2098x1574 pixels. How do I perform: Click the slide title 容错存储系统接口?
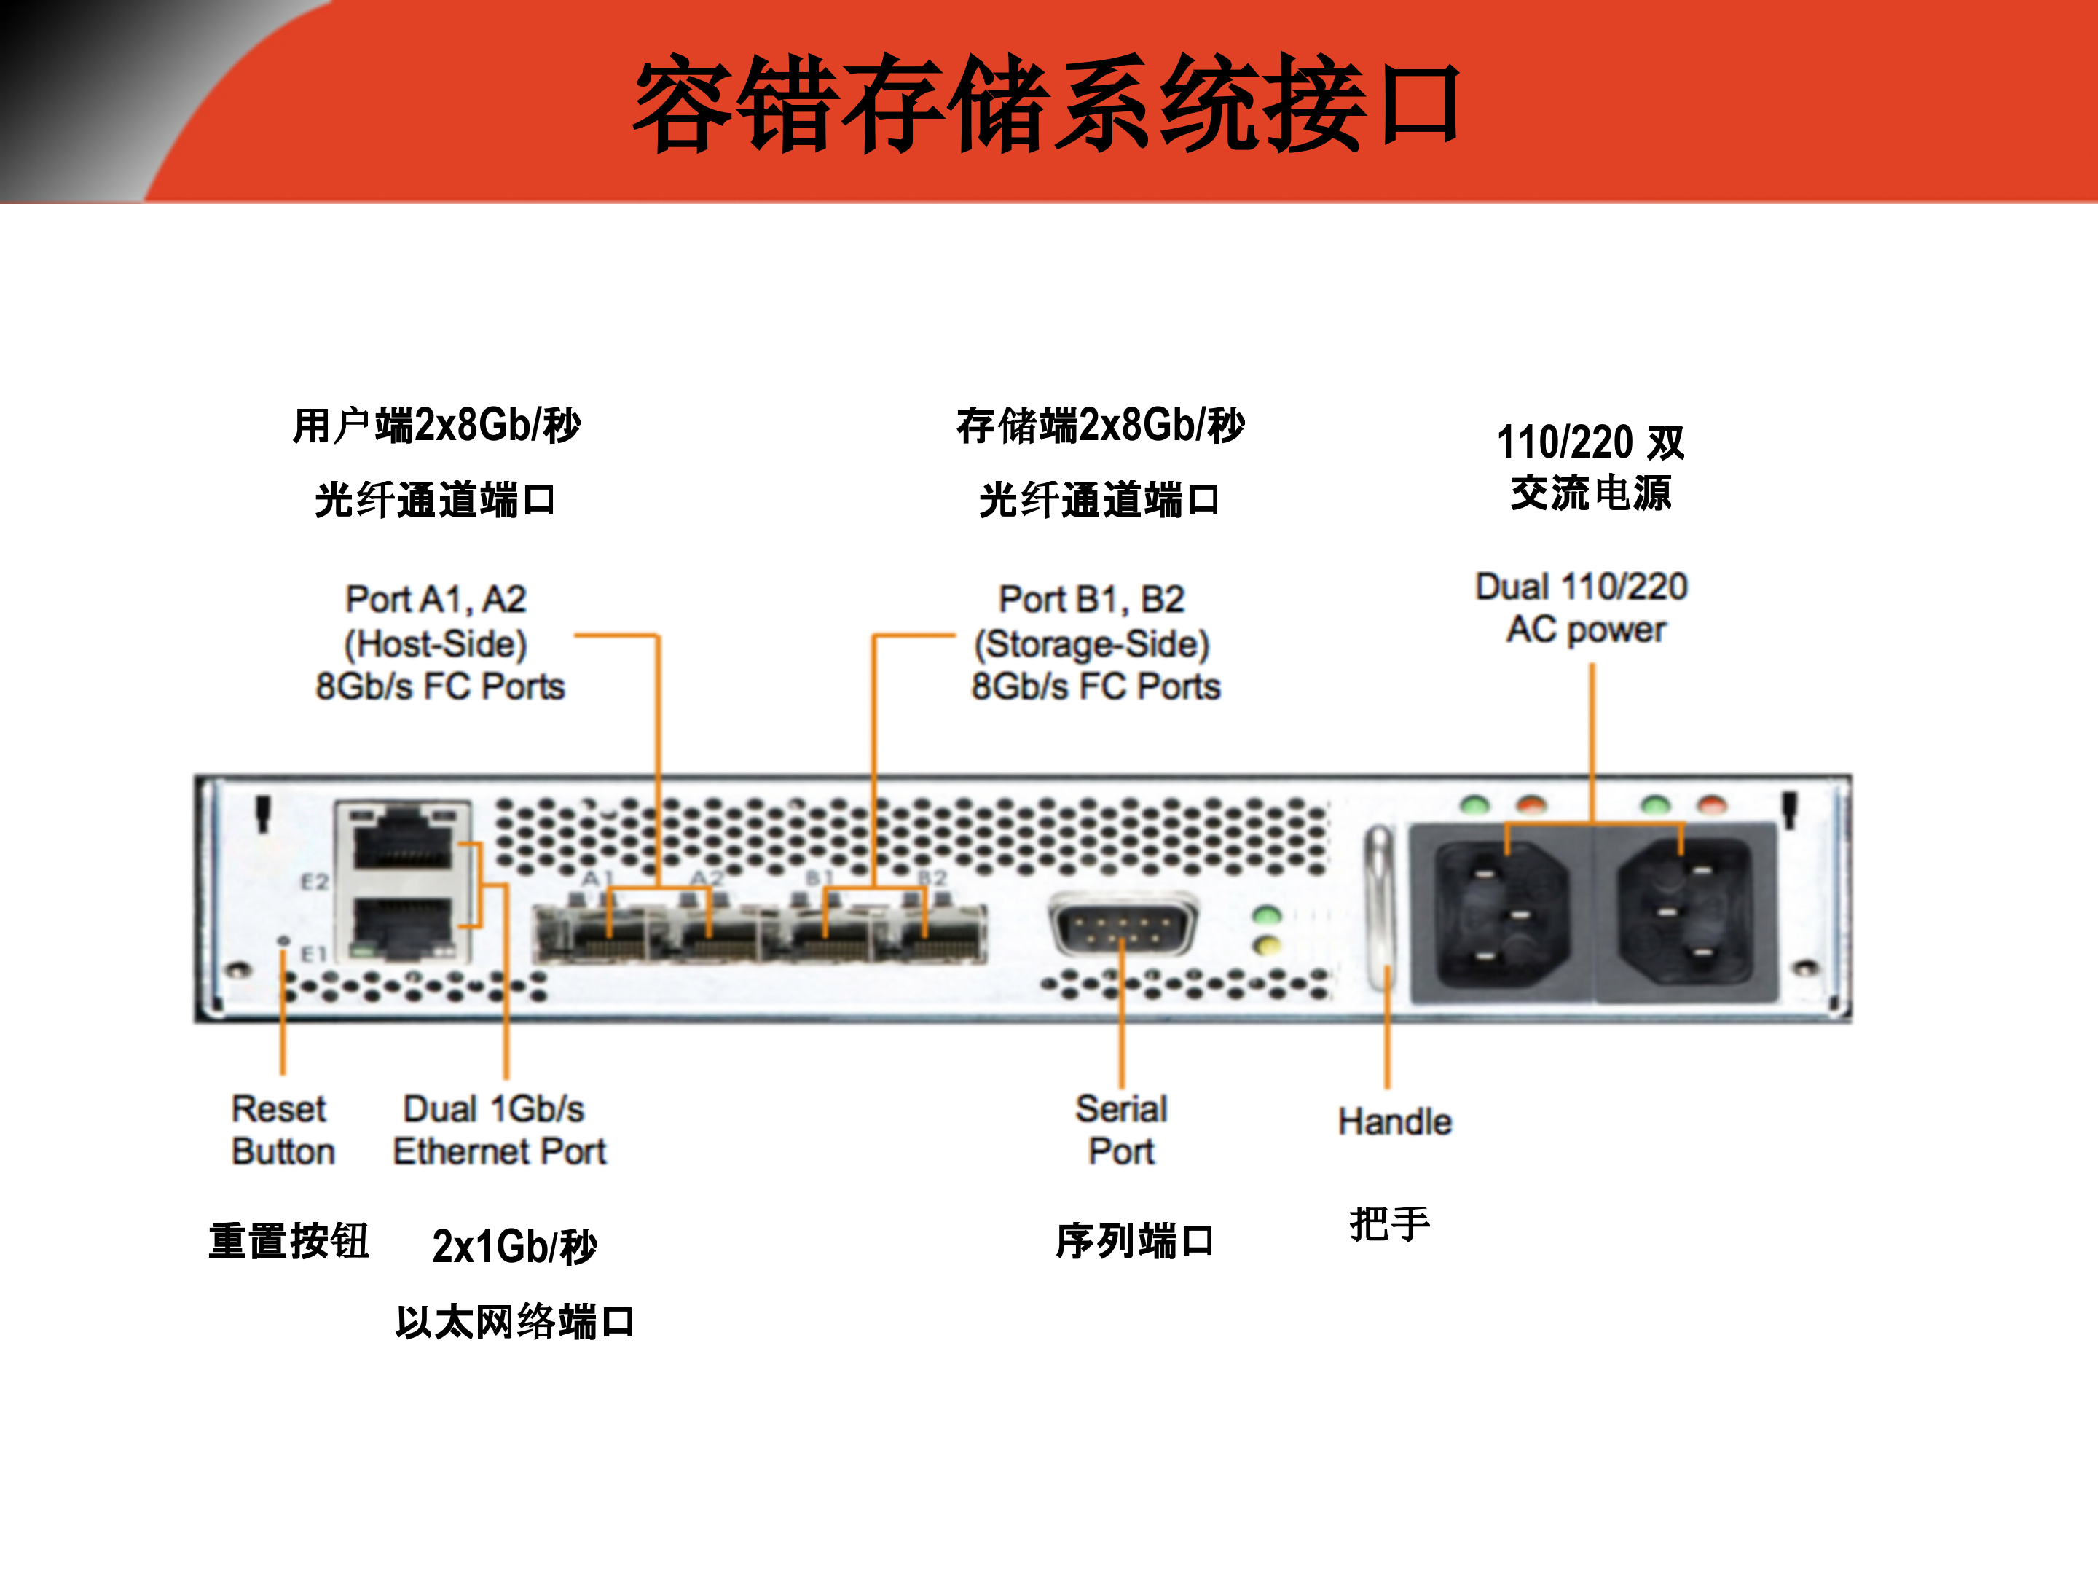click(1048, 104)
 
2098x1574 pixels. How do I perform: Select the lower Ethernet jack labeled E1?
click(403, 925)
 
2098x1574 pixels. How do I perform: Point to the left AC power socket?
click(1501, 914)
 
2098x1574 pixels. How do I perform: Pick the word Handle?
click(1394, 1121)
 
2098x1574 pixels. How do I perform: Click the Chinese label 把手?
click(1389, 1224)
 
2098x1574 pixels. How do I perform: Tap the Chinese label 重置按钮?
click(288, 1241)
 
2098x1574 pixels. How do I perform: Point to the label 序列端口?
click(1134, 1241)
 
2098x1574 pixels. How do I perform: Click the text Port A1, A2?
click(436, 600)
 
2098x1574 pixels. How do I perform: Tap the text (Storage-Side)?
click(1092, 644)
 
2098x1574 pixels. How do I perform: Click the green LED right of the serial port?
click(1266, 915)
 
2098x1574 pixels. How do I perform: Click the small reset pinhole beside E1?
click(283, 940)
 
